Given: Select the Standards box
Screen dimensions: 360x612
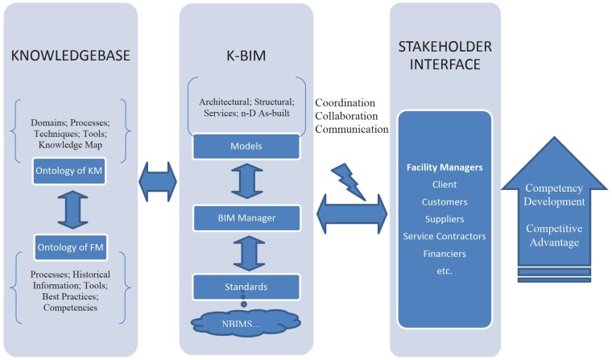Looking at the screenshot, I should pyautogui.click(x=245, y=286).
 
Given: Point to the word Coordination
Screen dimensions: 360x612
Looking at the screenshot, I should pyautogui.click(x=345, y=103).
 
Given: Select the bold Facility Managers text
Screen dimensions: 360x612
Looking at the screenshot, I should pyautogui.click(x=445, y=168).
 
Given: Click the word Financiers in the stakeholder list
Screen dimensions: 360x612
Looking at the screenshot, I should pyautogui.click(x=445, y=253).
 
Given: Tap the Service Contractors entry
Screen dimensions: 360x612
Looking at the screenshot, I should pyautogui.click(x=445, y=236).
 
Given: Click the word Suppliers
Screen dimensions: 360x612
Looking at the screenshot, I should pyautogui.click(x=445, y=218).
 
